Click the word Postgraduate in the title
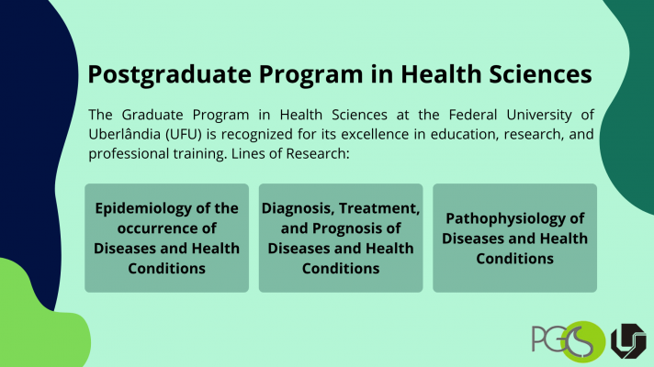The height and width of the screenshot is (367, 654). pos(169,75)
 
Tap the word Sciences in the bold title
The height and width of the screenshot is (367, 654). pos(540,73)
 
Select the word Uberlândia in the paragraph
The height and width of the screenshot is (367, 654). pos(124,134)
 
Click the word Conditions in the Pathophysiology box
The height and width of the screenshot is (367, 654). pos(514,259)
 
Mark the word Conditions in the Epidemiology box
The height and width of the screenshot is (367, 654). pos(167,269)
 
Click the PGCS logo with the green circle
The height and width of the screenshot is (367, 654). pos(568,340)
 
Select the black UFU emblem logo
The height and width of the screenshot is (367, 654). pos(628,340)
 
